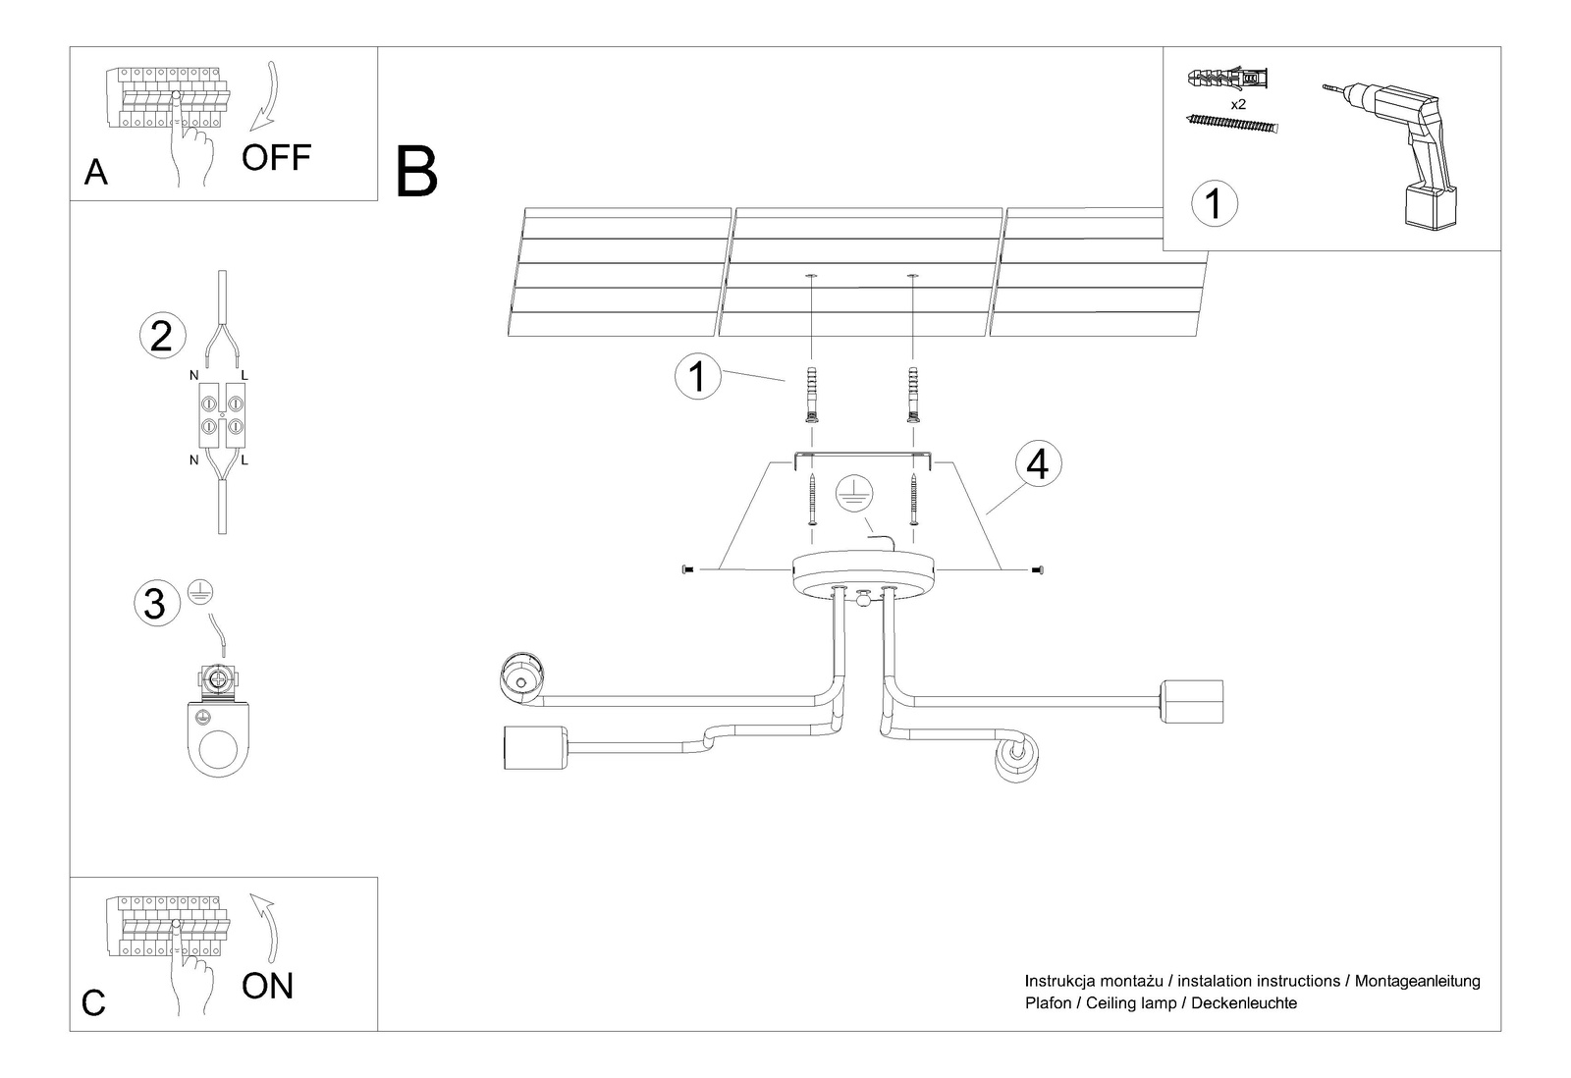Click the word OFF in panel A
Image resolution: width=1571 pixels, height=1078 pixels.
tap(276, 157)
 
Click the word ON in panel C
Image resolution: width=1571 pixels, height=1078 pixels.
tap(267, 986)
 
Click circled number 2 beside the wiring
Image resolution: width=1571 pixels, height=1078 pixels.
tap(162, 336)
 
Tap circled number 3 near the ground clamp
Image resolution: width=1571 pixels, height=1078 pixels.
tap(155, 603)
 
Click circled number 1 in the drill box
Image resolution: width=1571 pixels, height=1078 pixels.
tap(1214, 204)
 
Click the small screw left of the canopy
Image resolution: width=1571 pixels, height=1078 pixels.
tap(686, 569)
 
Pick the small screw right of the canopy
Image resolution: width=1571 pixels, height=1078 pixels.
tap(1039, 569)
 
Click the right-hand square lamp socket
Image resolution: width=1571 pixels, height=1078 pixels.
tap(1191, 701)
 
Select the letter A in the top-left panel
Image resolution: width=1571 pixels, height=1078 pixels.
tap(96, 173)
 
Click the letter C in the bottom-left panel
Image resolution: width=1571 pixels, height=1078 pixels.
tap(93, 1003)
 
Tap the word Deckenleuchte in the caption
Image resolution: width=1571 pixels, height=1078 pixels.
tap(1244, 1003)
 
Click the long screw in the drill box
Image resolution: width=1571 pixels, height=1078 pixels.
tap(1233, 124)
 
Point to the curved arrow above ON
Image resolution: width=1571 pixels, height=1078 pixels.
tap(265, 928)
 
